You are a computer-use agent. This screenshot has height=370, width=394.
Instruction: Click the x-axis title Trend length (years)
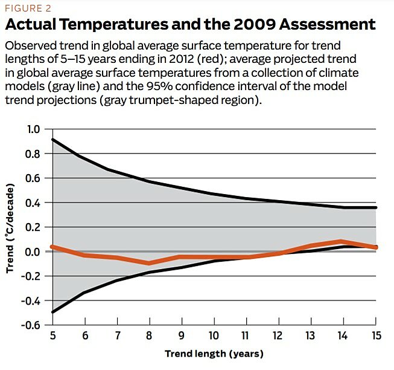click(214, 354)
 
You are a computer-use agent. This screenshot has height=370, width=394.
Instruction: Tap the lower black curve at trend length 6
click(85, 293)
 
